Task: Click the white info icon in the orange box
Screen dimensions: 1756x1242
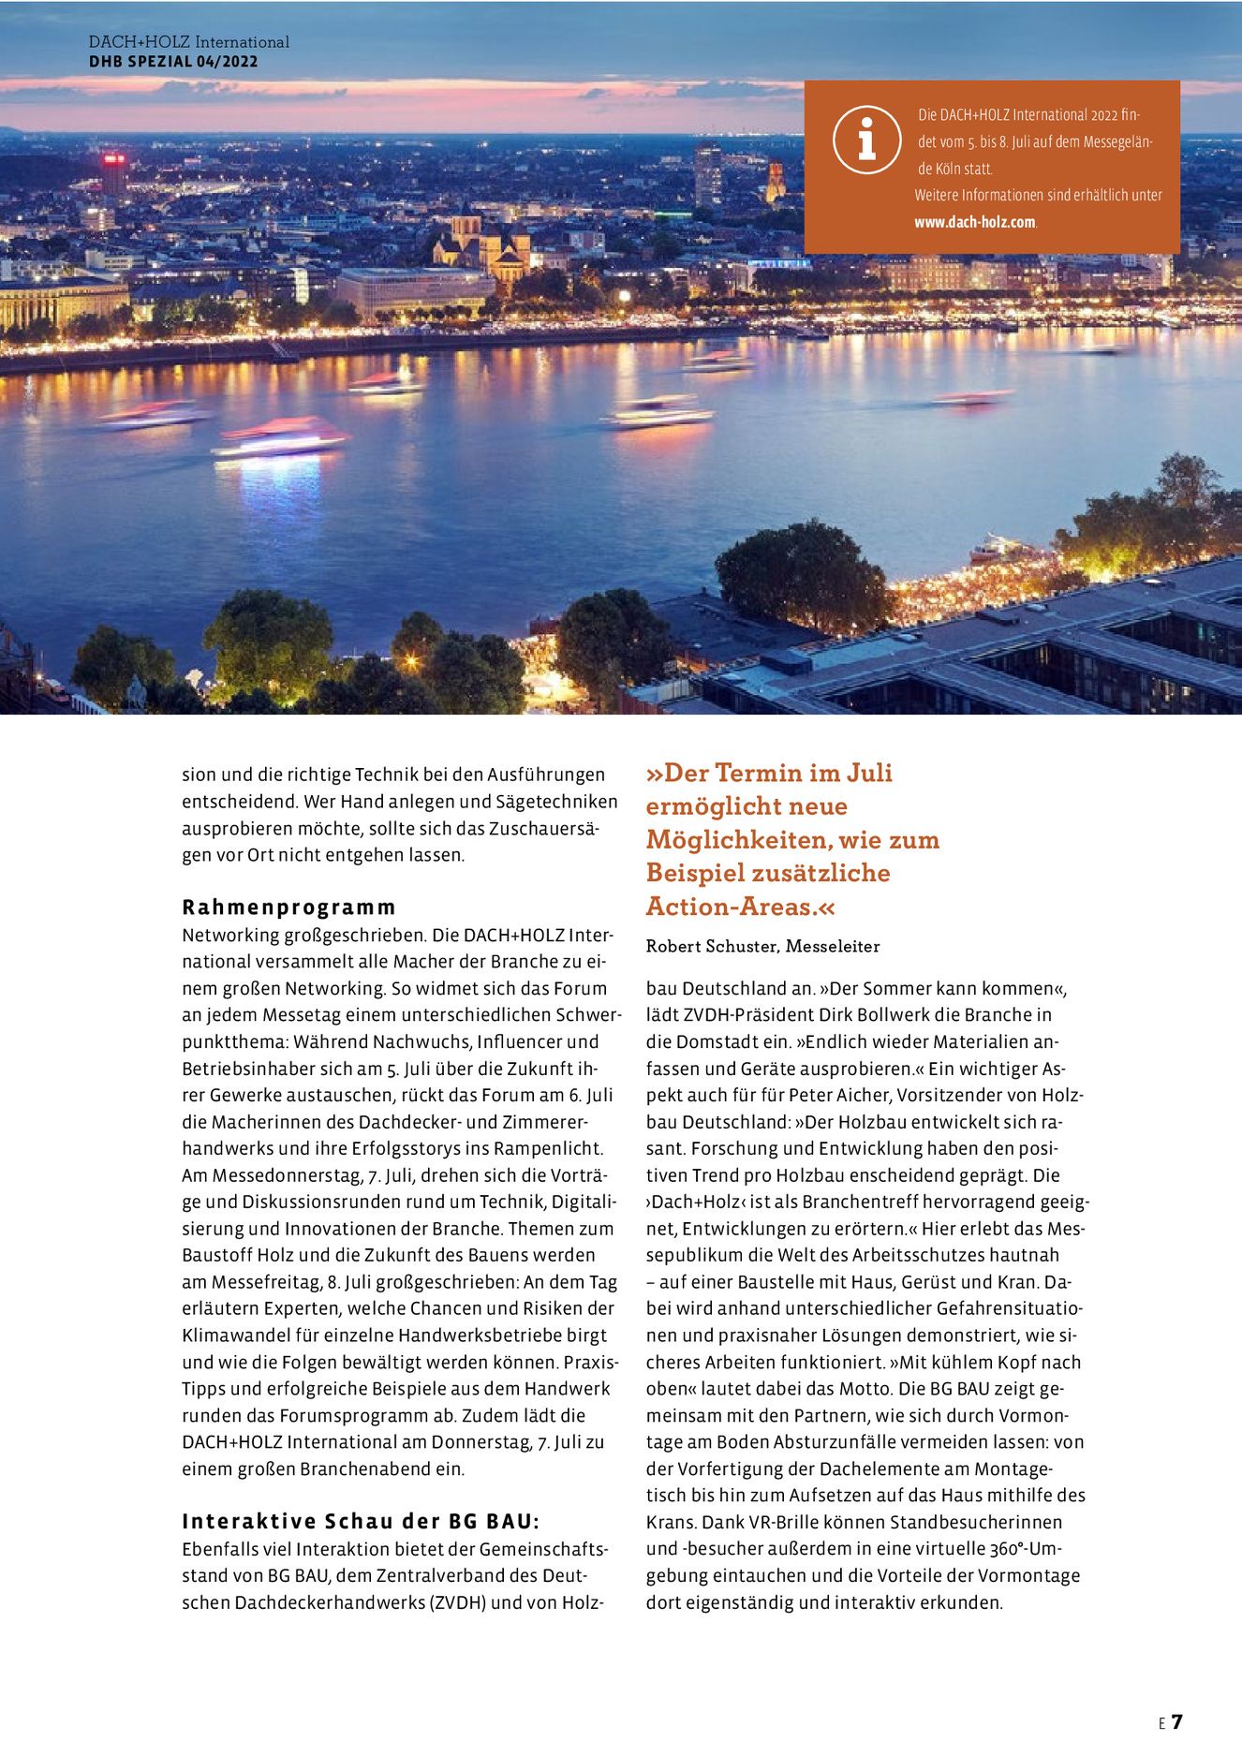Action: point(866,140)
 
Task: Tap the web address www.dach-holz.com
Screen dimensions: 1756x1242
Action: point(975,222)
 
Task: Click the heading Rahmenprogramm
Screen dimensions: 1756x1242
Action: point(288,907)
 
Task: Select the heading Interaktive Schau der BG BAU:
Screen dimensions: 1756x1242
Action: point(361,1521)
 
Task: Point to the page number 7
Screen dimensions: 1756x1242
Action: point(1177,1721)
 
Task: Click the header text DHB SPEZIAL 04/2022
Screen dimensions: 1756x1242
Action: point(173,62)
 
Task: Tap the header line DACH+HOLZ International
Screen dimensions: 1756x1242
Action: point(188,42)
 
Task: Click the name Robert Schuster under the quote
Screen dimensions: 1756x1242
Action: point(711,946)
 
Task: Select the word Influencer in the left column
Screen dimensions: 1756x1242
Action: point(519,1041)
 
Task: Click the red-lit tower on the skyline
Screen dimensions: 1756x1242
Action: point(114,174)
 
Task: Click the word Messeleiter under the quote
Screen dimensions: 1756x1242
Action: point(833,946)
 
